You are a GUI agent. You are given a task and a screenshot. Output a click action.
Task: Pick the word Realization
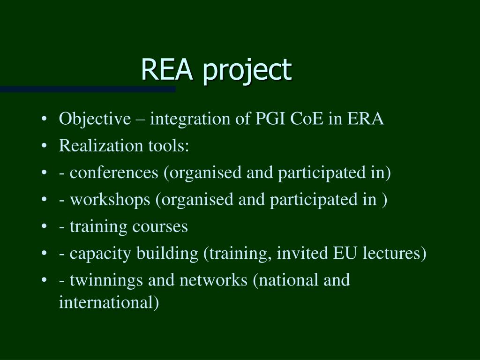(95, 146)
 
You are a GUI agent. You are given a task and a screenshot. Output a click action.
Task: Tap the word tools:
(168, 146)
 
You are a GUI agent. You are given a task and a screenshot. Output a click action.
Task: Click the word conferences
(114, 173)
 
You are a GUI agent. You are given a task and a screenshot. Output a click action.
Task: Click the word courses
(160, 227)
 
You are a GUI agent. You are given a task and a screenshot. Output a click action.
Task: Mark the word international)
(109, 302)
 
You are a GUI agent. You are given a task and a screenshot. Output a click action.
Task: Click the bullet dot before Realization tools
(44, 147)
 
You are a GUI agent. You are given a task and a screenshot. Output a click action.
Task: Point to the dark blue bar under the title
(88, 89)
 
